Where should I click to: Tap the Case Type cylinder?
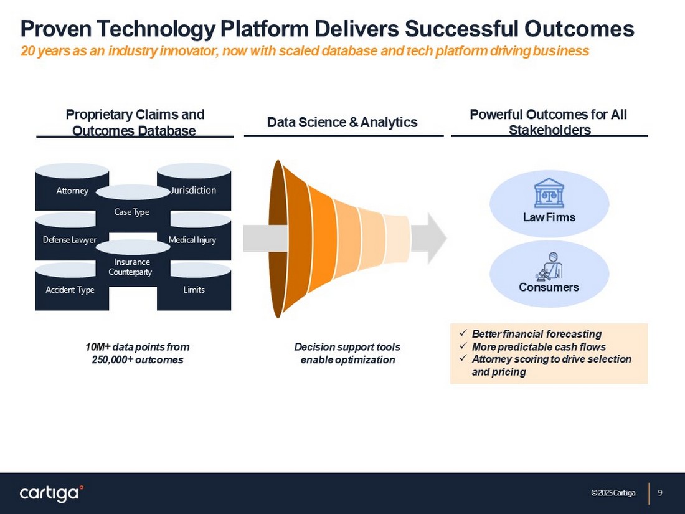(x=132, y=212)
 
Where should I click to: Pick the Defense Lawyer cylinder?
(x=69, y=240)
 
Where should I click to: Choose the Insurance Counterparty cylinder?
(x=132, y=267)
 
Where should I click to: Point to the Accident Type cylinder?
(x=69, y=290)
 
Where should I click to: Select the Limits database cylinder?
(x=194, y=290)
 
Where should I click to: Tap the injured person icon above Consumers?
(x=549, y=266)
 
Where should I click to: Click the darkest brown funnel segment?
(x=277, y=239)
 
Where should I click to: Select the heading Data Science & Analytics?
(x=342, y=122)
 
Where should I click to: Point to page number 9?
(x=660, y=493)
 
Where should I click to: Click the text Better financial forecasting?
(x=536, y=334)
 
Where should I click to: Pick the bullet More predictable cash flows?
(x=538, y=346)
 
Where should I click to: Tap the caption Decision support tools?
(x=347, y=346)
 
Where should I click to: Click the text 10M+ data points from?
(x=137, y=346)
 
